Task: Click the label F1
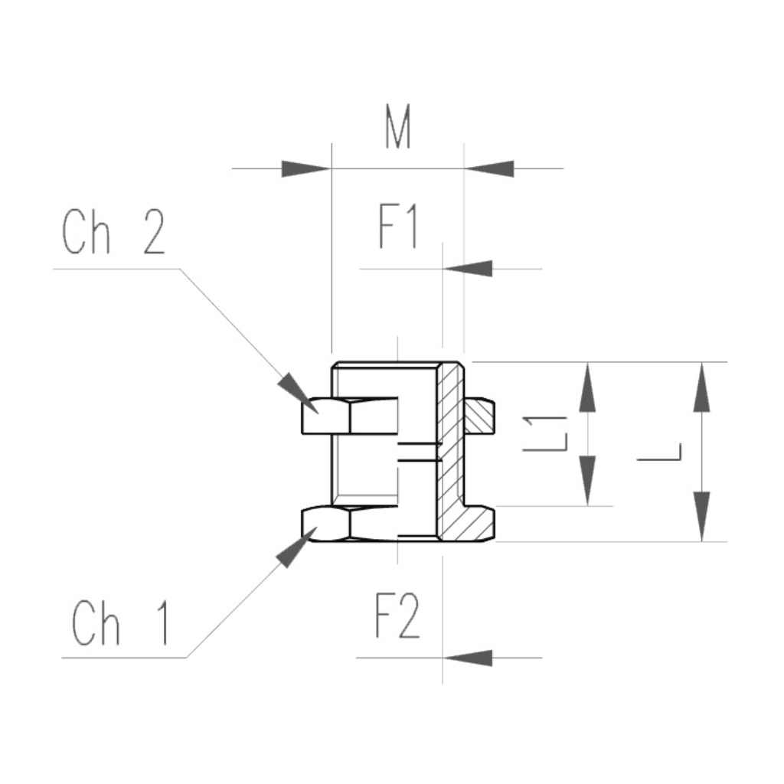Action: [x=398, y=227]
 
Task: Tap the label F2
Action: [x=397, y=619]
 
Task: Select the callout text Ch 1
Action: [x=121, y=623]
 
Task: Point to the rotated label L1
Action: [x=544, y=433]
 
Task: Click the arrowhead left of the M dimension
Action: [x=306, y=168]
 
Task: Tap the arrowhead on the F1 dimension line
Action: [x=468, y=269]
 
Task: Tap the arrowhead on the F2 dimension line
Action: [x=468, y=657]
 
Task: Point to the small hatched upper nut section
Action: [x=480, y=416]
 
